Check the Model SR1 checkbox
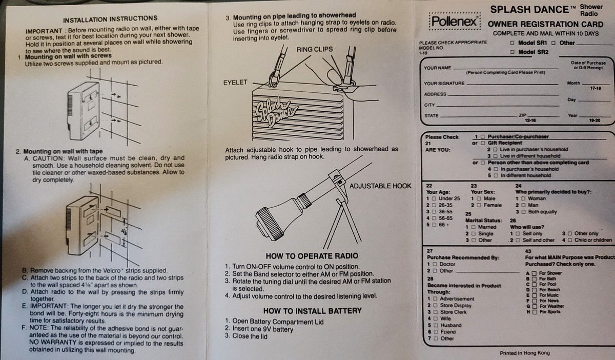pyautogui.click(x=513, y=43)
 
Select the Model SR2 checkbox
pyautogui.click(x=513, y=52)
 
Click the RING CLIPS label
pyautogui.click(x=314, y=49)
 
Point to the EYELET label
pyautogui.click(x=235, y=82)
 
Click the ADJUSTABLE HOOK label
pyautogui.click(x=380, y=186)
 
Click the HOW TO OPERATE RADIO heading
pyautogui.click(x=312, y=256)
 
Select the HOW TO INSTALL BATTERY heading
pyautogui.click(x=312, y=311)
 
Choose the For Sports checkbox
pyautogui.click(x=534, y=311)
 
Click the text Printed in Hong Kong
pyautogui.click(x=524, y=353)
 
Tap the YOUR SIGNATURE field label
pyautogui.click(x=444, y=83)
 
